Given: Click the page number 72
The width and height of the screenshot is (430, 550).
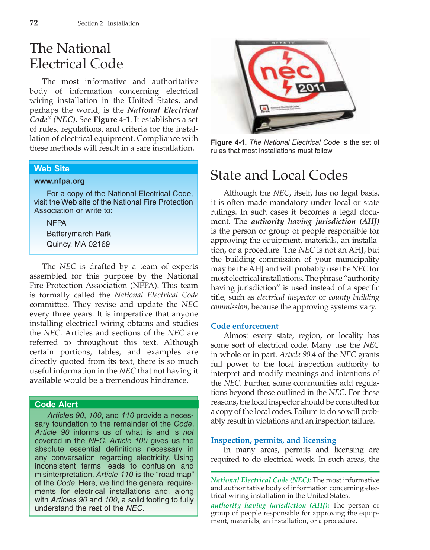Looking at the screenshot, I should (x=33, y=23).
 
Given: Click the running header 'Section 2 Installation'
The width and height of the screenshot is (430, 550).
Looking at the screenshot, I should (x=108, y=23).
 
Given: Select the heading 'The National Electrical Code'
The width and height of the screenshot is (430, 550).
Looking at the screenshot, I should (x=76, y=56).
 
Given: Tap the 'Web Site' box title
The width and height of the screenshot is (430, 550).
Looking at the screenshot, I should (x=52, y=168).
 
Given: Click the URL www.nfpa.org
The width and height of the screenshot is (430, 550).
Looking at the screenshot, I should (x=60, y=181).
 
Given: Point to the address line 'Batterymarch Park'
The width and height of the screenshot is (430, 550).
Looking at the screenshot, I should (x=79, y=234).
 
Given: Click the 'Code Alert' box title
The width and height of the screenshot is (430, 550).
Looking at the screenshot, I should (x=56, y=404).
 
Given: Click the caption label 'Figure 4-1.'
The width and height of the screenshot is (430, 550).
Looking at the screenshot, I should (x=229, y=142).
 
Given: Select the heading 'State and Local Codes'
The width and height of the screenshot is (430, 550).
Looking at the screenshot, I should (x=279, y=175).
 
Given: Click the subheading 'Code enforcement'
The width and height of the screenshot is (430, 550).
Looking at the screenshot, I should (x=244, y=326).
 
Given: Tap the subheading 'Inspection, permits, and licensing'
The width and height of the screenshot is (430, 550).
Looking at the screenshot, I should (x=273, y=440).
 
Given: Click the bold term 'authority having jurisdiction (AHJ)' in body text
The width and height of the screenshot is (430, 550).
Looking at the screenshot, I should (x=315, y=222).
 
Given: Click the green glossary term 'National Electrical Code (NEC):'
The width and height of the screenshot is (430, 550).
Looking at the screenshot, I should (x=261, y=480).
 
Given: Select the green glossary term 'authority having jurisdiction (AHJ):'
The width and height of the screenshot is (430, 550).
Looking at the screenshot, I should (x=270, y=505).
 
